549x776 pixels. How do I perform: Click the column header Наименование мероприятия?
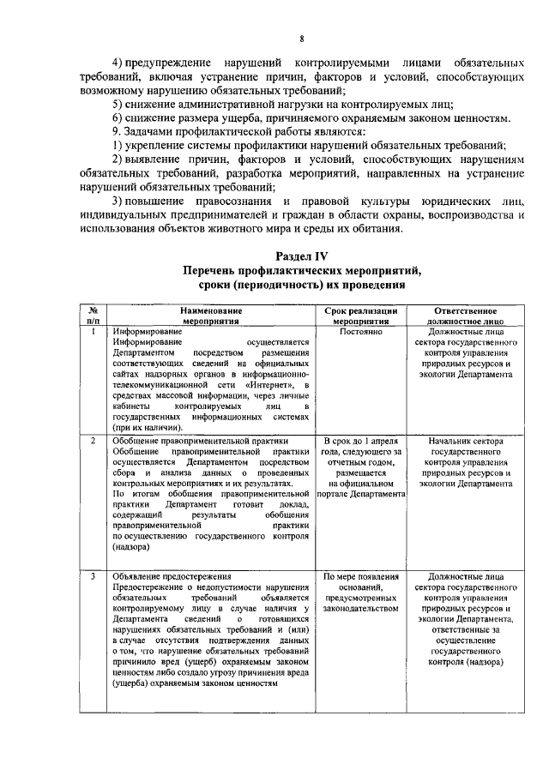[x=211, y=314]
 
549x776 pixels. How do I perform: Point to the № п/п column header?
[x=93, y=314]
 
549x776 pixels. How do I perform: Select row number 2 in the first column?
[x=93, y=440]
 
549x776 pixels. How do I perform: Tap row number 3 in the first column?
[x=93, y=576]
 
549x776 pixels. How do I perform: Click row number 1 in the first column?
[x=93, y=330]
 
